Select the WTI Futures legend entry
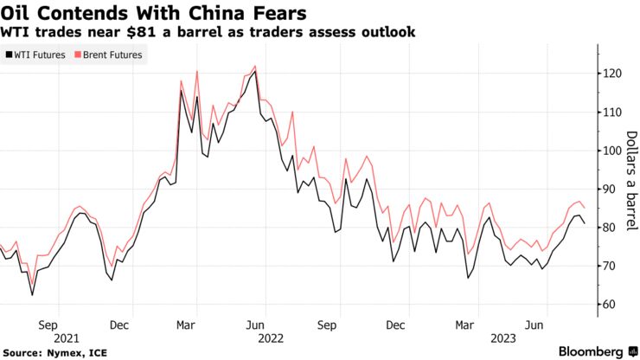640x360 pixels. point(35,55)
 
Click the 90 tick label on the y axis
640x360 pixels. point(613,190)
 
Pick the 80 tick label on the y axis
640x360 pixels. point(613,228)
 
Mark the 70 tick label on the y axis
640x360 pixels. point(613,266)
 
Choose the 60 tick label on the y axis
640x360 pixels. point(613,305)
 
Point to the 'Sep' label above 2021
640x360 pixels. point(48,325)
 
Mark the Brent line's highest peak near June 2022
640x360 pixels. point(254,66)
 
